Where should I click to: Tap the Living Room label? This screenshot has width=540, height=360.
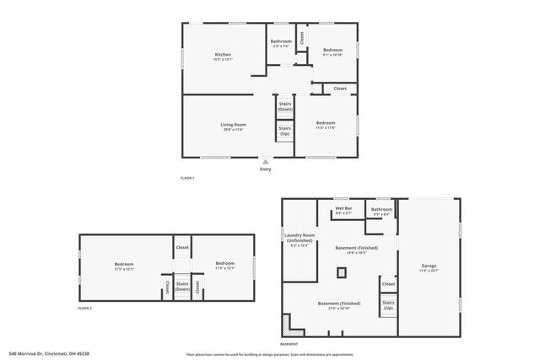coord(233,127)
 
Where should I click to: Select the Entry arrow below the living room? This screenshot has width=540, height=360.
coord(266,162)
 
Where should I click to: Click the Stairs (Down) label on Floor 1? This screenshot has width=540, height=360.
coord(285,106)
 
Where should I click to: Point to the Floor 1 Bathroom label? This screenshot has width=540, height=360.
coord(281,43)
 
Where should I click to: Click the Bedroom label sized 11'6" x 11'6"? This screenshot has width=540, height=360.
coord(326,126)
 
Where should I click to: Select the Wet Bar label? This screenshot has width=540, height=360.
coord(343,210)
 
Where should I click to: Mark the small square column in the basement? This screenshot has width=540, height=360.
coord(342,271)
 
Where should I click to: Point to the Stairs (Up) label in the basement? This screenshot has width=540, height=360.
coord(388,304)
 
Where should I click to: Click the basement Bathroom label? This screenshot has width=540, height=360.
coord(381,211)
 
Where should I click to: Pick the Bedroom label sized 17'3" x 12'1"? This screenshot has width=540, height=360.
coord(124,266)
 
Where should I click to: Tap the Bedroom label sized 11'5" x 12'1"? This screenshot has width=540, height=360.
coord(224,266)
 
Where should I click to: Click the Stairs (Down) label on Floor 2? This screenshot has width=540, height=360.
coord(182,287)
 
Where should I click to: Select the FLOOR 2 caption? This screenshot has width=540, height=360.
coord(84,309)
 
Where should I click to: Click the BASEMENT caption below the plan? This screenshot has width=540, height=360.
coord(289,344)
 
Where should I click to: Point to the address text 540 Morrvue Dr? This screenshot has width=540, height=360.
coord(40,354)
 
